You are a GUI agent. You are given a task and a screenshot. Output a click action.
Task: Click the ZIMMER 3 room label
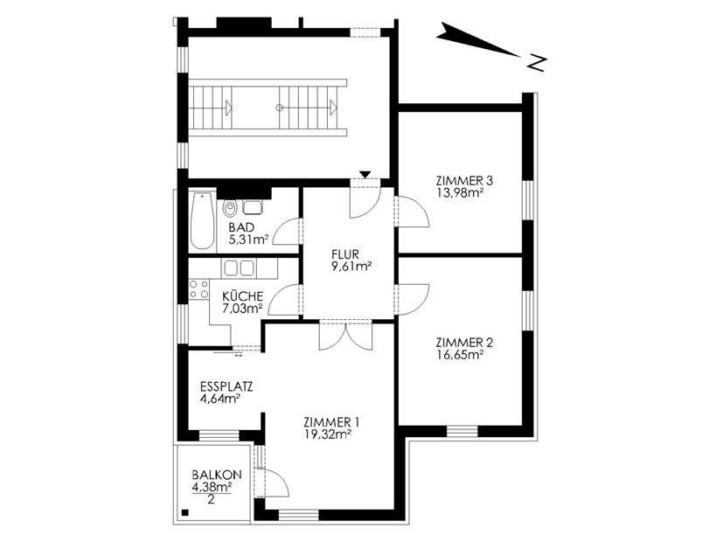pos(464,181)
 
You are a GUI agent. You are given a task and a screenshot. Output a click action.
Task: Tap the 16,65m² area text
pos(460,354)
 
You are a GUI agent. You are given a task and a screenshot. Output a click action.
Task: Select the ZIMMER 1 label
pos(331,422)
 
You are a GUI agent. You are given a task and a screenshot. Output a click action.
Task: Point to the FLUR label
pos(345,254)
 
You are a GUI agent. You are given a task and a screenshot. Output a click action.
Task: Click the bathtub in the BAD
pos(203,221)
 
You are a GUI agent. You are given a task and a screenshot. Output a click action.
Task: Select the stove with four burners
pos(198,289)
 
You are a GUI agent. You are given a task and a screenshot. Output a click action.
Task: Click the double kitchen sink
pos(239,268)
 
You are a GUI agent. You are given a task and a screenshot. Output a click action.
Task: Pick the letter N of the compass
pos(537,63)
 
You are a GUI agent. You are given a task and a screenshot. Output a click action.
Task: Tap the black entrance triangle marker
pos(365,174)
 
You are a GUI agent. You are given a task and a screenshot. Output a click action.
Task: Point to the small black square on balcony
pos(185,512)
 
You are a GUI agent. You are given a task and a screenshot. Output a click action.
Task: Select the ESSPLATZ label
pos(226,386)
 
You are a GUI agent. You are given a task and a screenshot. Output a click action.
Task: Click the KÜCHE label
pos(242,296)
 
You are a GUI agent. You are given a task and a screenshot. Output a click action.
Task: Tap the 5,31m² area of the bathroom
pos(248,240)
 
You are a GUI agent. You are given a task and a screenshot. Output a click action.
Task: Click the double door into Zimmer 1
pos(345,335)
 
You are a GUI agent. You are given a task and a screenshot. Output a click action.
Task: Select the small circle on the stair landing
pos(279,108)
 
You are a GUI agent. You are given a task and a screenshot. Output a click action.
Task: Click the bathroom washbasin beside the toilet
pos(253,207)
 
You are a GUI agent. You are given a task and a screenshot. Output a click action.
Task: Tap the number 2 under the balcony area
pos(212,499)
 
